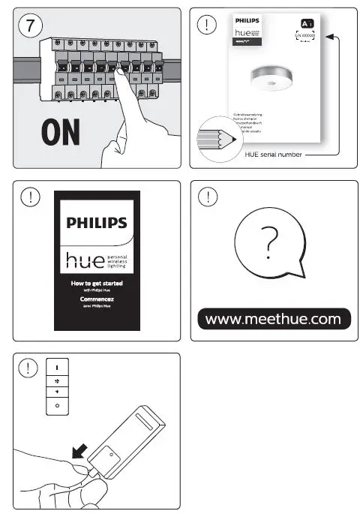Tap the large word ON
click(x=61, y=134)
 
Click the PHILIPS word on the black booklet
click(x=97, y=223)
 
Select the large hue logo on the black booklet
click(x=86, y=260)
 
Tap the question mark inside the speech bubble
click(x=271, y=241)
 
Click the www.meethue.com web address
click(x=272, y=319)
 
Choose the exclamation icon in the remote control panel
click(x=28, y=368)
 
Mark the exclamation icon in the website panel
click(x=207, y=197)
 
